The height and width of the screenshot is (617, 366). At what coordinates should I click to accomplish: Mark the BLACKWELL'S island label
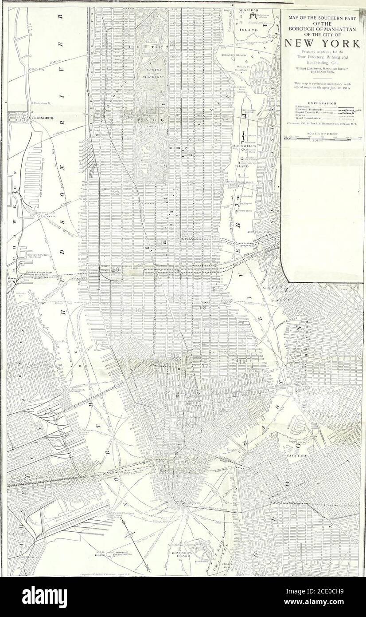[244, 146]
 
